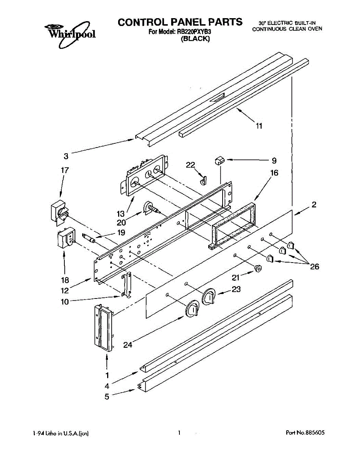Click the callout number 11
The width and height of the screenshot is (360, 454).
click(259, 126)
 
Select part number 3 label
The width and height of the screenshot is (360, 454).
click(66, 156)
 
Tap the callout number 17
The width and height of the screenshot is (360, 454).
click(65, 170)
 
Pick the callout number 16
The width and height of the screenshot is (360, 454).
click(274, 173)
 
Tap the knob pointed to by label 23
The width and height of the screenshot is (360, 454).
click(209, 297)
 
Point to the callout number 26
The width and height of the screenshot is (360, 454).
click(314, 267)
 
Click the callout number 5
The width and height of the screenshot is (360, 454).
click(107, 397)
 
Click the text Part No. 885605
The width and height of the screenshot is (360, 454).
click(305, 433)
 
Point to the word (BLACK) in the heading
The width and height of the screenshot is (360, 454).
click(195, 39)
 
